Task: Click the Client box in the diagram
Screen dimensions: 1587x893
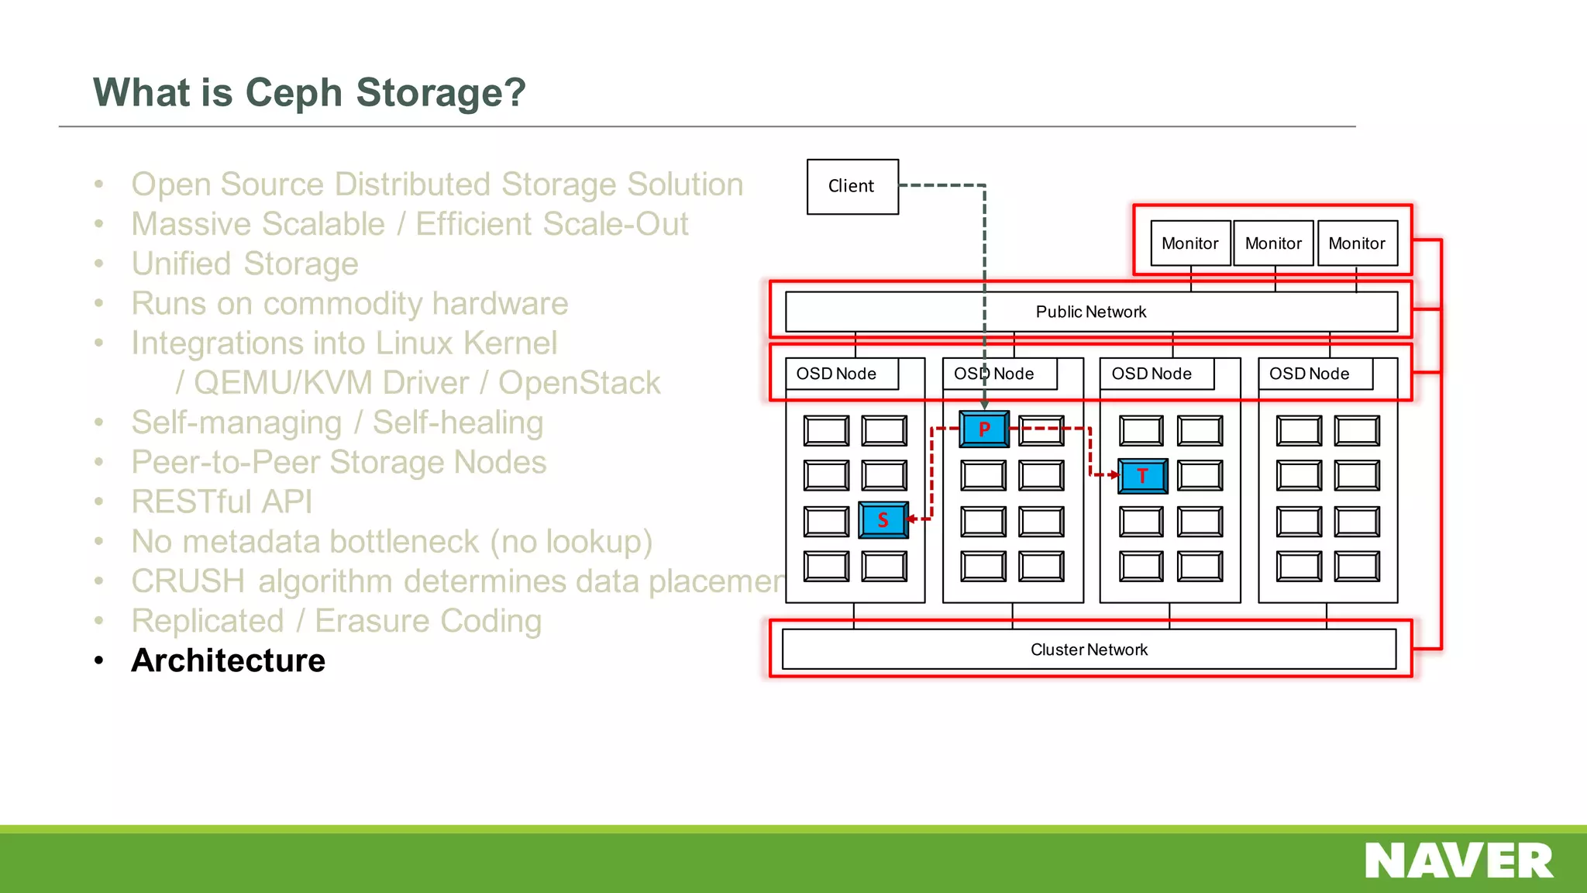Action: click(852, 187)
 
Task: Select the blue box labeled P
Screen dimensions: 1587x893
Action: click(984, 429)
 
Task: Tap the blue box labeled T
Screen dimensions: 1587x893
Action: click(1142, 476)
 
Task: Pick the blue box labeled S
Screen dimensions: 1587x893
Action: click(883, 520)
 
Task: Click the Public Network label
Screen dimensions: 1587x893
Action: click(1090, 312)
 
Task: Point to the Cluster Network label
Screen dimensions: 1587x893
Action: click(1089, 650)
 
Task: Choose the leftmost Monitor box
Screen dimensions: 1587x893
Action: click(1189, 243)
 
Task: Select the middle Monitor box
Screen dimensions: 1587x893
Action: click(1273, 243)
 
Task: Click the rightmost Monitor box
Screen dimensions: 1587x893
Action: click(1357, 243)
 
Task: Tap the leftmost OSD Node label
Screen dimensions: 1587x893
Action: click(836, 374)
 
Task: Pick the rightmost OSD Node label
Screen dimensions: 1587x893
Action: click(1309, 374)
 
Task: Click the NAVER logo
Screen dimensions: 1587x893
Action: click(1458, 861)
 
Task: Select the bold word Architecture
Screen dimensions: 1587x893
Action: click(229, 660)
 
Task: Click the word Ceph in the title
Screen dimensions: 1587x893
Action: click(294, 92)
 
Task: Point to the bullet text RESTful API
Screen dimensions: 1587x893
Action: click(222, 502)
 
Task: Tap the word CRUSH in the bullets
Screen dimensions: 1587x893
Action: click(188, 581)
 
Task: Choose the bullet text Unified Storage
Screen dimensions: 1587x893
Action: click(245, 264)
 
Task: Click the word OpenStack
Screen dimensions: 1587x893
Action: click(579, 383)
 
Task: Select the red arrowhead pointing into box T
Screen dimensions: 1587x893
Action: click(1114, 474)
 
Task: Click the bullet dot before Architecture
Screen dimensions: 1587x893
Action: click(98, 660)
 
